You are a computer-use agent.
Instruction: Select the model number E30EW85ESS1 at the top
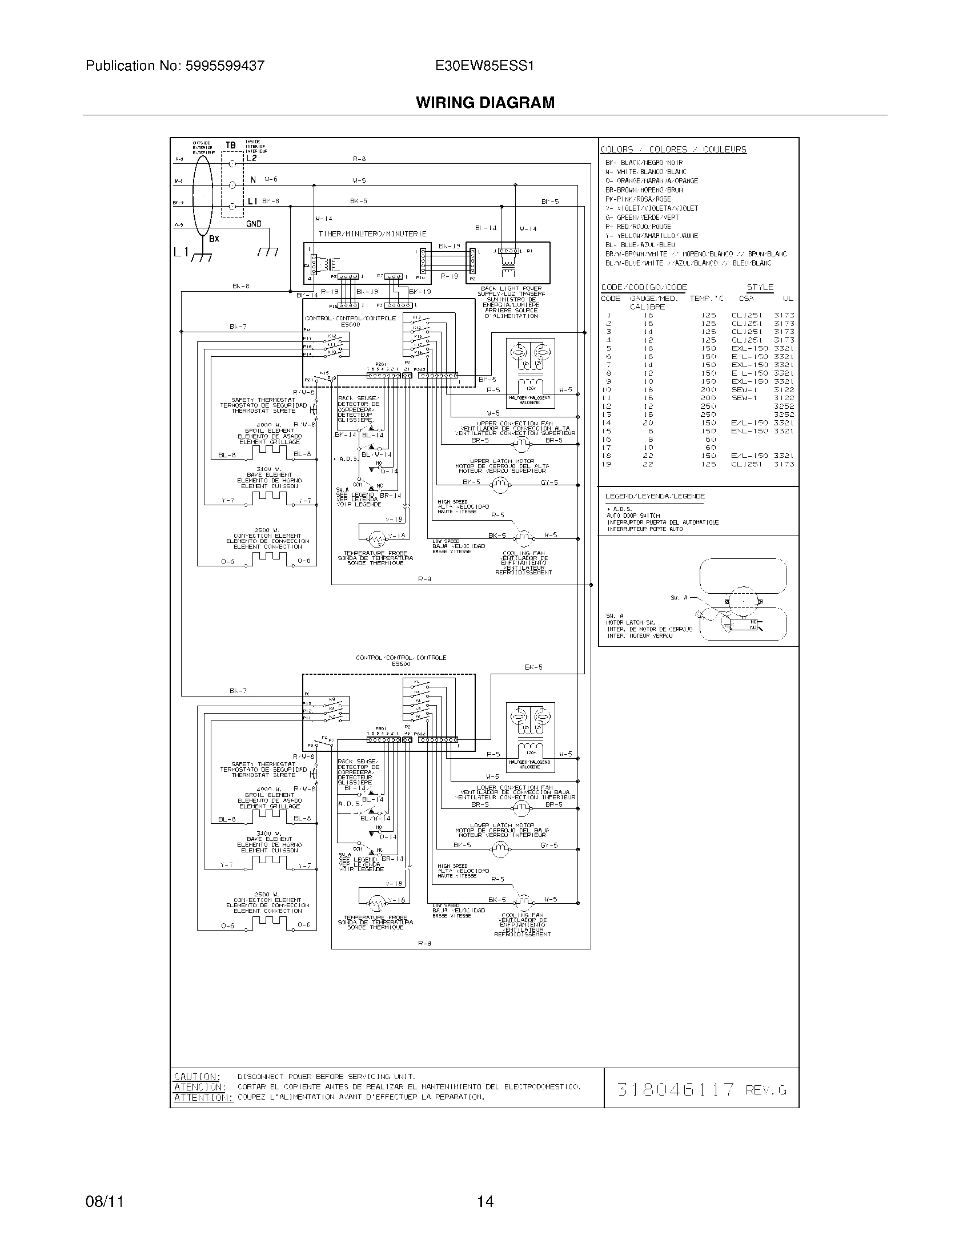click(485, 66)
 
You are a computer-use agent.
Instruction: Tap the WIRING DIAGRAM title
click(485, 103)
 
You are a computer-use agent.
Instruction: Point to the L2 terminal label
click(252, 158)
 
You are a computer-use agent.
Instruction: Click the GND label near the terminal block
click(254, 224)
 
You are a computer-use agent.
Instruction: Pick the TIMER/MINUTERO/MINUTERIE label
click(373, 234)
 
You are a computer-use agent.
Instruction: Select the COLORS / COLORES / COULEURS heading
click(673, 150)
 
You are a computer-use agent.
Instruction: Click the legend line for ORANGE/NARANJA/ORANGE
click(651, 181)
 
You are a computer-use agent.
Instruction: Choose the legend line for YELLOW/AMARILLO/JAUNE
click(651, 236)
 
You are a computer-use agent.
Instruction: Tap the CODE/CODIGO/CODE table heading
click(644, 288)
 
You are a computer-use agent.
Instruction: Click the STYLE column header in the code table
click(760, 288)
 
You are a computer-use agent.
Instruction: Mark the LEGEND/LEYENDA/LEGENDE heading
click(655, 496)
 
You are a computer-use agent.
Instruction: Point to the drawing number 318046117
click(675, 1089)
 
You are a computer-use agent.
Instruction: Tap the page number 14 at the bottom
click(485, 1201)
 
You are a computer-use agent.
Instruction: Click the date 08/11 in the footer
click(104, 1201)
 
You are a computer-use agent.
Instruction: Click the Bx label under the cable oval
click(214, 239)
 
